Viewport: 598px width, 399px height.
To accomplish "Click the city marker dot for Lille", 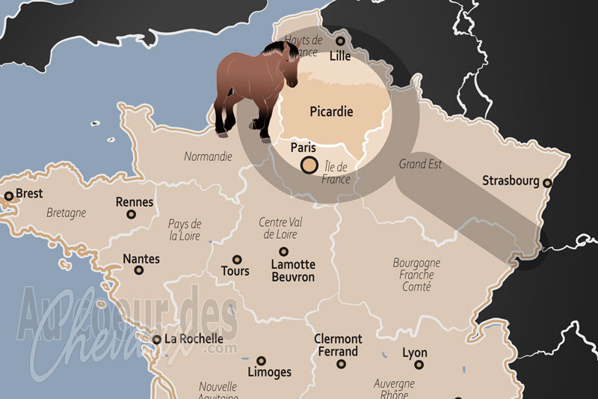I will coord(340,42).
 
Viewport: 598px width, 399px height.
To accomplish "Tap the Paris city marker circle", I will coord(308,165).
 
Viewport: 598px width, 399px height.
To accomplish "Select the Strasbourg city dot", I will coord(547,183).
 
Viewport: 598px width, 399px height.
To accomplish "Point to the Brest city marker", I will coord(9,196).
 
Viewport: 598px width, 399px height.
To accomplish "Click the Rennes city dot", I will coord(131,214).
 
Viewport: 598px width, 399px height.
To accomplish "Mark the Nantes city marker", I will coord(138,269).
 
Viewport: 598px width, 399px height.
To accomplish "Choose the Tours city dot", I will coord(238,259).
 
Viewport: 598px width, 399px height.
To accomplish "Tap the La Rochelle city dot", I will coord(157,339).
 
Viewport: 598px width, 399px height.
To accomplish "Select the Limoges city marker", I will coord(261,360).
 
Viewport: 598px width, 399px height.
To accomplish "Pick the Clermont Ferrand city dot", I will coord(342,365).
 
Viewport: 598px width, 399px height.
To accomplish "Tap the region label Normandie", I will coord(208,156).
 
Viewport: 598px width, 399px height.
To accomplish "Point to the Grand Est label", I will coord(420,163).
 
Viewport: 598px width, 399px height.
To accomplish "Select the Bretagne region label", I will coord(67,213).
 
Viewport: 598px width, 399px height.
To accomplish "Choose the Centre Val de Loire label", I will coord(279,228).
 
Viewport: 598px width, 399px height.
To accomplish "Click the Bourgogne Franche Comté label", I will coord(416,274).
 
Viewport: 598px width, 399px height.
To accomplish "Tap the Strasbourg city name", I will coord(511,180).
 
